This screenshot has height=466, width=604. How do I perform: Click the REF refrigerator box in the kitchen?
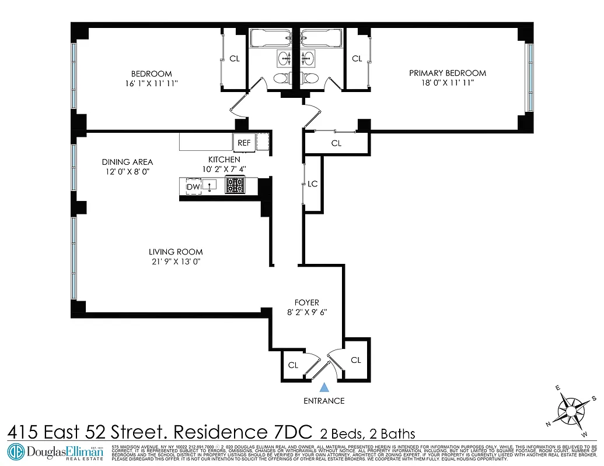coord(244,142)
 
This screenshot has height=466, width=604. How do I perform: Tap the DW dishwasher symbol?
coord(193,186)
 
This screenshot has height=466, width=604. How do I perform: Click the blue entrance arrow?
coord(325,386)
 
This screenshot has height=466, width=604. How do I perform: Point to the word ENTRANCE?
coord(324,401)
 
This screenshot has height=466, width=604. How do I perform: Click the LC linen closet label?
coord(312,184)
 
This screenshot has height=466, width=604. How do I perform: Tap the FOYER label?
coord(306,302)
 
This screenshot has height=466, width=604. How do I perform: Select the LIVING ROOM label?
coord(176,252)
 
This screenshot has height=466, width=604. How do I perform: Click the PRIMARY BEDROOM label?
coord(448,73)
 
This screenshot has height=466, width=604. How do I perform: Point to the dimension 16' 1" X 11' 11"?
coord(151,83)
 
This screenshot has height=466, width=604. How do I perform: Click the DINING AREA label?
coord(127,162)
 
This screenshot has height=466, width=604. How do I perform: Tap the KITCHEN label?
coord(224,160)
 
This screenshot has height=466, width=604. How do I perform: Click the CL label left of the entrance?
coord(293,365)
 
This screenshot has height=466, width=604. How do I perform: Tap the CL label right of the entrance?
coord(356,360)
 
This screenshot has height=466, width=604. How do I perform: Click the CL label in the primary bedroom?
coord(357,58)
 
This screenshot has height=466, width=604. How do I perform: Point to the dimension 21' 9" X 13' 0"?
coord(176,262)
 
